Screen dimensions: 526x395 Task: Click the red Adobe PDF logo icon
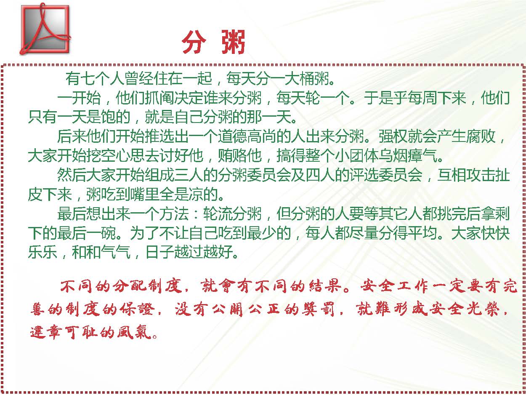45,29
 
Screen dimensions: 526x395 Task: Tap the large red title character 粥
233,42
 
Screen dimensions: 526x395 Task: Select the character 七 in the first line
88,78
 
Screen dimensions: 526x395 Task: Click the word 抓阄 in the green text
159,98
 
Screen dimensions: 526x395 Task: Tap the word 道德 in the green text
232,136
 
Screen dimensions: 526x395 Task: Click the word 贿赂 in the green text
232,156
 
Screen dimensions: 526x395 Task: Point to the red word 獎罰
319,309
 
